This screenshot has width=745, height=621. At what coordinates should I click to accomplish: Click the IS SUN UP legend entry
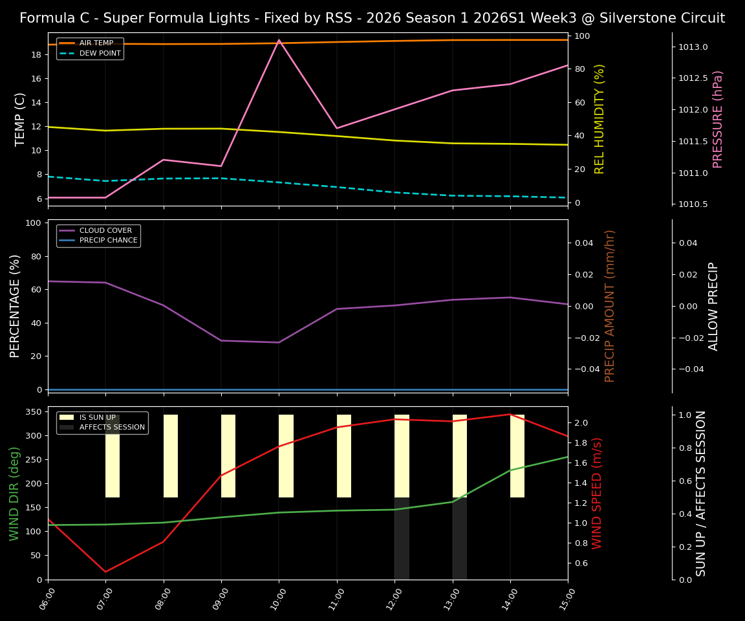(x=98, y=418)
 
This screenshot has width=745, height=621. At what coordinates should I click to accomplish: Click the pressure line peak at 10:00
(x=279, y=40)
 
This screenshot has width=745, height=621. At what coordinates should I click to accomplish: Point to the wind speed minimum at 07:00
(x=105, y=572)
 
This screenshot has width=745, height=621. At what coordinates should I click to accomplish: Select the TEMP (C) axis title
(x=21, y=119)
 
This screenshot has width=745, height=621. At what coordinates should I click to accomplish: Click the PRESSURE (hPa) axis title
(x=718, y=119)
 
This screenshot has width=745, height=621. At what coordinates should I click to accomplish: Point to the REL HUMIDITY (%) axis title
(x=599, y=119)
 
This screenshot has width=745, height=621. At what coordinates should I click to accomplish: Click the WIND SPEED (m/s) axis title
(x=597, y=493)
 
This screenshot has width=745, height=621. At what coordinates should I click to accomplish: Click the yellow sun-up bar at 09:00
(x=228, y=456)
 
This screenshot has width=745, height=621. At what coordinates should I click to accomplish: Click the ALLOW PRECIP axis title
(x=713, y=306)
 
